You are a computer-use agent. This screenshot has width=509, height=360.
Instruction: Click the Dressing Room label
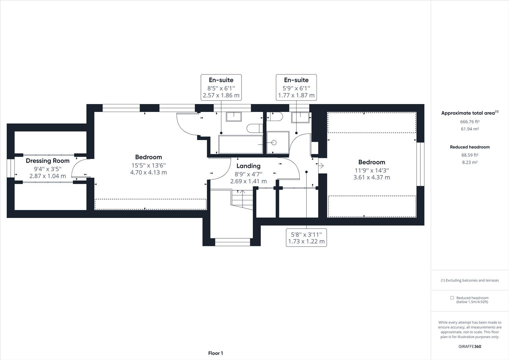tap(48, 161)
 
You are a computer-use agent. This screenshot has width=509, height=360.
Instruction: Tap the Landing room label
tap(248, 166)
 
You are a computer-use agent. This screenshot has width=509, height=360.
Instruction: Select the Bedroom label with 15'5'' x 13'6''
tap(148, 157)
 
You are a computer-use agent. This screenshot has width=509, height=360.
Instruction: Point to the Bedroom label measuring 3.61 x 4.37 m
tap(371, 162)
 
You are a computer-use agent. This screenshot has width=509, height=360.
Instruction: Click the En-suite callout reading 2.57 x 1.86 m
tap(221, 87)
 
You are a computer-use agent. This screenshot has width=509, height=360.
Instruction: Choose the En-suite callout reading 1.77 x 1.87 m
tap(296, 87)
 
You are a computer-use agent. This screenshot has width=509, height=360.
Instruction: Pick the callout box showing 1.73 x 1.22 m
tap(306, 237)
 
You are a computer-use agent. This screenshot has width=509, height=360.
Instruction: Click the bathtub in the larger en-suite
tap(241, 144)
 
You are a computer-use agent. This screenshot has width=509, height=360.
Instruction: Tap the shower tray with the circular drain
tap(278, 142)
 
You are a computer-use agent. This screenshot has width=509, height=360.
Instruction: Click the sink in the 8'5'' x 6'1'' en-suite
tap(234, 117)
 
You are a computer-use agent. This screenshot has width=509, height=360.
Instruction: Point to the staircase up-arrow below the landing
tap(242, 192)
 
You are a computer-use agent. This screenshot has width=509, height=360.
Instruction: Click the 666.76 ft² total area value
tap(470, 122)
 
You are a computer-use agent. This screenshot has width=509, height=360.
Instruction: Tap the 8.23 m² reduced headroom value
tap(470, 162)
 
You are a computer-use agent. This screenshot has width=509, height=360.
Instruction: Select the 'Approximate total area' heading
tap(470, 113)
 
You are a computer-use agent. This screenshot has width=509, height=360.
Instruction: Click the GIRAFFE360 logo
tap(470, 346)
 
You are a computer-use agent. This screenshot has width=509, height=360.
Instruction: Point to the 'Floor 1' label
tap(216, 353)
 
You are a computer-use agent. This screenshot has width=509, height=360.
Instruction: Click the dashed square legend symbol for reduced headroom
tap(452, 298)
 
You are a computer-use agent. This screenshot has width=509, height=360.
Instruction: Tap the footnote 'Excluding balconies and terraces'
tap(470, 280)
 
